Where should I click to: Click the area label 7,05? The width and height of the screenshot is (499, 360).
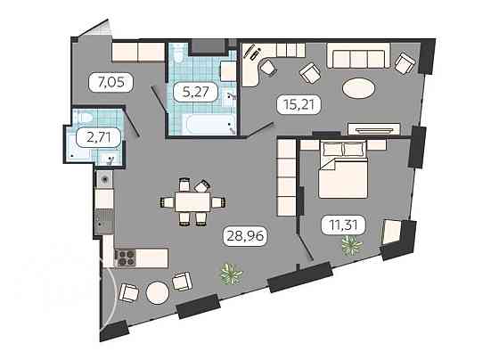(x=105, y=84)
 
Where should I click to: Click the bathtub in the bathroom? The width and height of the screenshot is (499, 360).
(x=202, y=122)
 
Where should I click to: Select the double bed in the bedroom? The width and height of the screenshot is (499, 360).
(x=340, y=171)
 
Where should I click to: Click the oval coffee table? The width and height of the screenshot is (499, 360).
(x=360, y=89)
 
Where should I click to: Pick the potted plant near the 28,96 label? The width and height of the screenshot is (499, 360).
(x=231, y=271)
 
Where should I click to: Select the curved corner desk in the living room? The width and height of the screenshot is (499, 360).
(x=258, y=66)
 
